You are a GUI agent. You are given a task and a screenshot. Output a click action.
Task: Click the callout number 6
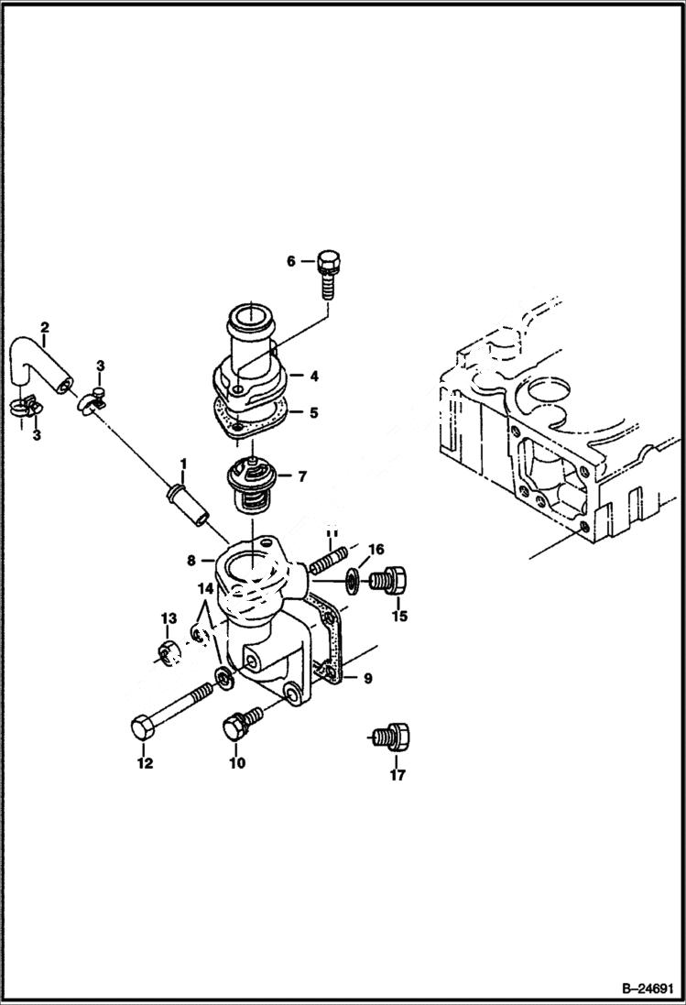(291, 262)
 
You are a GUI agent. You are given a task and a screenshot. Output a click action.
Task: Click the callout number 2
(43, 326)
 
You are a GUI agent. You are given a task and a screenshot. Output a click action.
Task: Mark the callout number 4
(312, 376)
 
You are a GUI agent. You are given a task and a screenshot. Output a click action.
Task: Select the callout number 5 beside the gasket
(312, 413)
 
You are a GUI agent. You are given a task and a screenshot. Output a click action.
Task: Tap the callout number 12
(146, 762)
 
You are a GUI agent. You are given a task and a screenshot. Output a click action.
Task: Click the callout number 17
(397, 775)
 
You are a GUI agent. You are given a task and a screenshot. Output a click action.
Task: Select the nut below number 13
(167, 652)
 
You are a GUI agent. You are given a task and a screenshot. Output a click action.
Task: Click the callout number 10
(237, 762)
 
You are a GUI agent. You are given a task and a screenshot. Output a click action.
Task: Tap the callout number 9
(367, 679)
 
